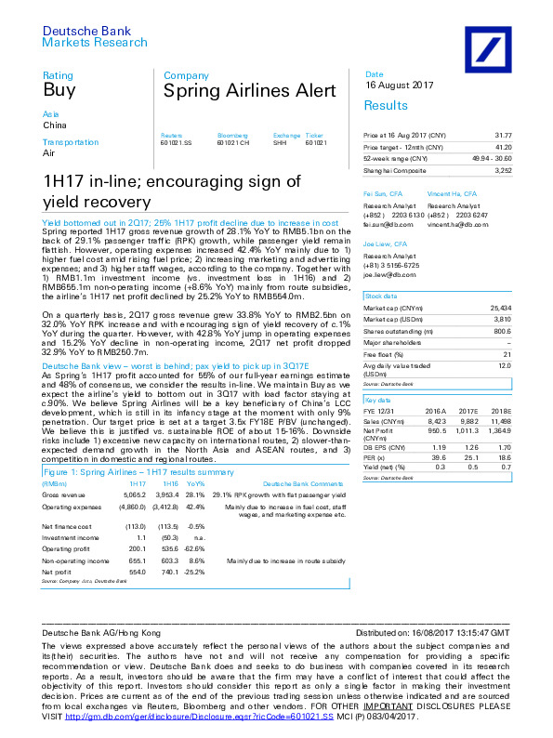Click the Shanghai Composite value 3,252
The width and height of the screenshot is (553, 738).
(503, 170)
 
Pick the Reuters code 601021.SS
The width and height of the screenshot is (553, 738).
(177, 142)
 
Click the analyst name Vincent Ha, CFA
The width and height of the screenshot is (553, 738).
(453, 193)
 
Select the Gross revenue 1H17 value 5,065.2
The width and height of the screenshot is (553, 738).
(135, 496)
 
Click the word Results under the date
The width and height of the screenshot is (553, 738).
(386, 106)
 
